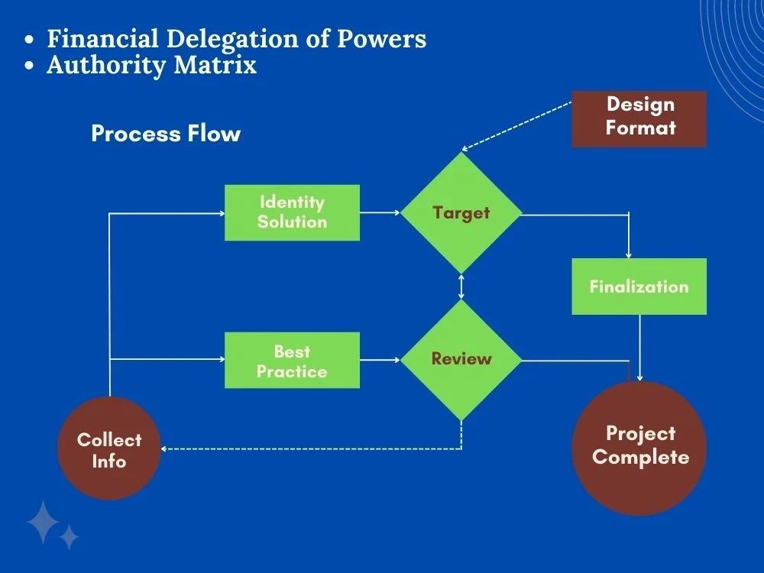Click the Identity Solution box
tap(292, 212)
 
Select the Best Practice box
tap(292, 361)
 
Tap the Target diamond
tap(461, 212)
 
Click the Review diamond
tap(461, 359)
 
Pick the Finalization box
tap(639, 286)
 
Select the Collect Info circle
tap(109, 449)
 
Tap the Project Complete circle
tap(639, 447)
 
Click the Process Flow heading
tap(166, 134)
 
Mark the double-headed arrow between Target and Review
tap(461, 286)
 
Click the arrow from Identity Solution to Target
tap(380, 213)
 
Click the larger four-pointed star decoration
tap(43, 522)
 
